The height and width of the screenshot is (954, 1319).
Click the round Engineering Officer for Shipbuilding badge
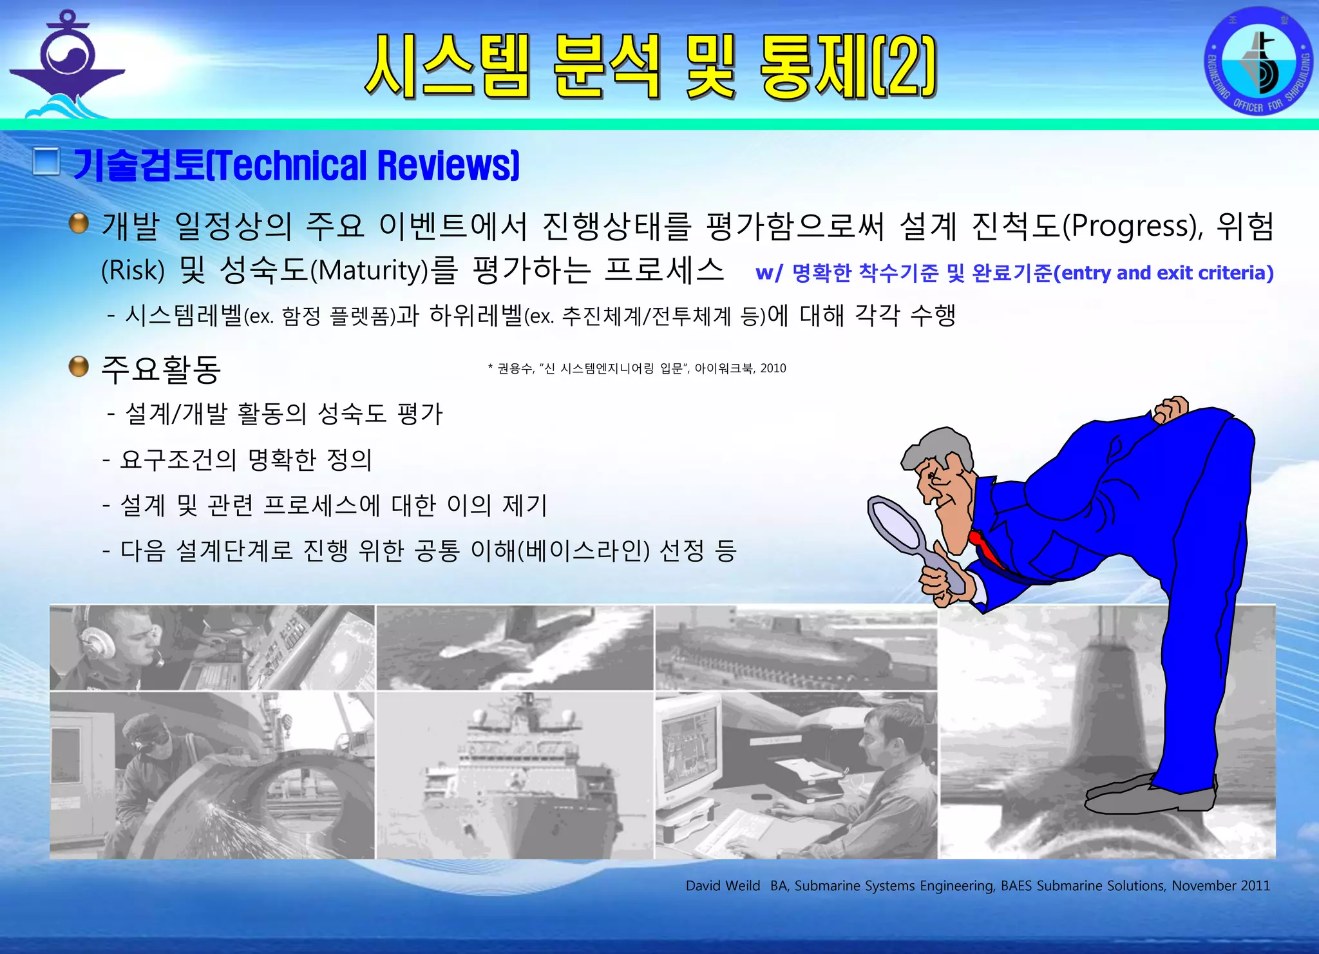1258,61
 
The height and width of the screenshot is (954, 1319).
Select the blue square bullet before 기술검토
46,162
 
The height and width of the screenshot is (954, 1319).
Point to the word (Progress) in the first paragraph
1131,226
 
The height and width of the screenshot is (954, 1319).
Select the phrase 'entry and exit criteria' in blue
1163,273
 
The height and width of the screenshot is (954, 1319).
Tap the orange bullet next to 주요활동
79,367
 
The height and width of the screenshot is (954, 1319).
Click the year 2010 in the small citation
773,368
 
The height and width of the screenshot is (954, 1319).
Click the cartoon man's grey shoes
1146,796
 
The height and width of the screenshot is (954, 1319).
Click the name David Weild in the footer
723,886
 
